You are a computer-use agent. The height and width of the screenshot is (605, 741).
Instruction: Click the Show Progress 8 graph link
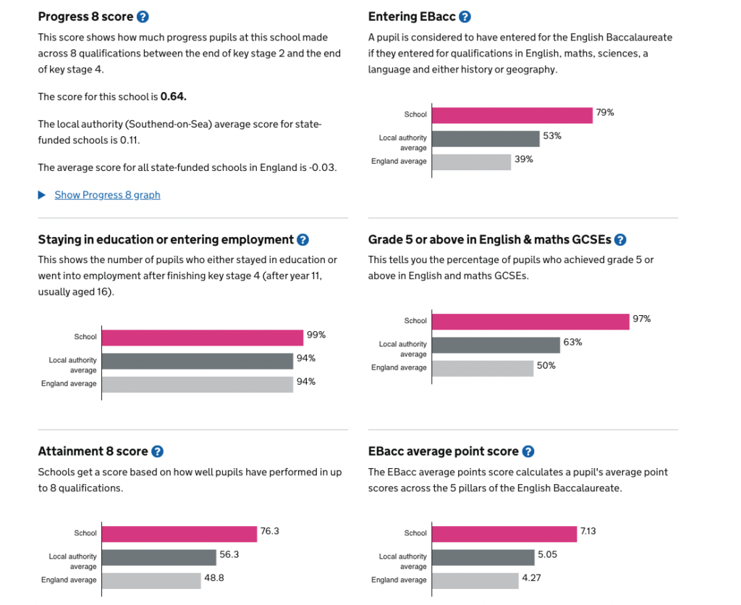[107, 195]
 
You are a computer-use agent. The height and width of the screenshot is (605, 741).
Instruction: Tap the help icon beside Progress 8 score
[143, 17]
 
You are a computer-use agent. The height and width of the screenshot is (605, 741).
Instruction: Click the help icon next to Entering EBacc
[465, 17]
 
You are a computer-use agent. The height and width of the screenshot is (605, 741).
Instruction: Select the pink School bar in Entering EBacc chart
[512, 115]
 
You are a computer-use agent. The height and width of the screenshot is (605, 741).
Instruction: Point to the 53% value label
[552, 136]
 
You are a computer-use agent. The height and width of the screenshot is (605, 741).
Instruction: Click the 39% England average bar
[471, 162]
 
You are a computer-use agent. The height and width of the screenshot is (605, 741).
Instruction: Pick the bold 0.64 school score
[173, 96]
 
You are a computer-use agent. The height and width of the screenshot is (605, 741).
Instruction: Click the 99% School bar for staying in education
[202, 338]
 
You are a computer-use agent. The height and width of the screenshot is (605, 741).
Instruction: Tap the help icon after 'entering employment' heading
[302, 240]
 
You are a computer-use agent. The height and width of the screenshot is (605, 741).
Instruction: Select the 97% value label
[642, 319]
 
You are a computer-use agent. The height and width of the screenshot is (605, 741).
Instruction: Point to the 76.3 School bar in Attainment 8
[179, 534]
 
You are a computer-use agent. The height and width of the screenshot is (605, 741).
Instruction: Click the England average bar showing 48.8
[151, 580]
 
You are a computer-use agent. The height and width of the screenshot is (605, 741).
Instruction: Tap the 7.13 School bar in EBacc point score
[504, 534]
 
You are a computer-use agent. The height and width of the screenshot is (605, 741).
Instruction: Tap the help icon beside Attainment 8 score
[157, 451]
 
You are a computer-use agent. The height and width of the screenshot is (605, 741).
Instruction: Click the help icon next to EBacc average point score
[528, 451]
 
